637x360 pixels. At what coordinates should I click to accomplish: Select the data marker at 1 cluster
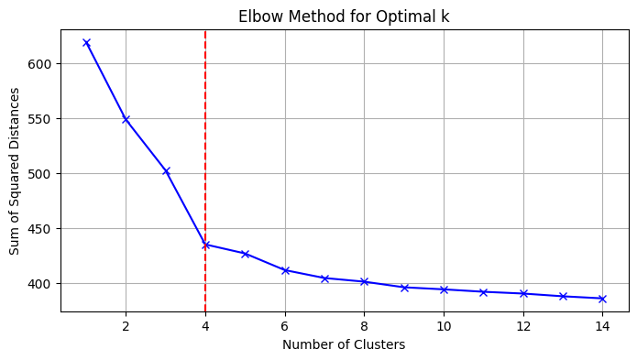click(x=86, y=42)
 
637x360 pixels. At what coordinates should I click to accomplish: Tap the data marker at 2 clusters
click(x=126, y=119)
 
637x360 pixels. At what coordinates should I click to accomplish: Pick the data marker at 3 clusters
click(x=166, y=171)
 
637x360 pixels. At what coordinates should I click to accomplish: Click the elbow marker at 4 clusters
click(x=205, y=245)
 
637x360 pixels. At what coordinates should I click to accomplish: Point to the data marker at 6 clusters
click(x=285, y=270)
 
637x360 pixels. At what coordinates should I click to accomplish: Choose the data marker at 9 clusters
click(x=404, y=288)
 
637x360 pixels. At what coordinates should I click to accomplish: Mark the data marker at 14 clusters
click(x=602, y=299)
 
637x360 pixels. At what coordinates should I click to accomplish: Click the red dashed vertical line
click(x=205, y=137)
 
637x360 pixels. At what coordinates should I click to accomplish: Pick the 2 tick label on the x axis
click(x=126, y=325)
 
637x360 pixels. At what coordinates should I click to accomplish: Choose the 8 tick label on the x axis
click(x=364, y=325)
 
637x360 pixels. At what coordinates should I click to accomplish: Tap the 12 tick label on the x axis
click(x=522, y=325)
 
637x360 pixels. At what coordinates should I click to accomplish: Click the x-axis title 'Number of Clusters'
click(x=344, y=345)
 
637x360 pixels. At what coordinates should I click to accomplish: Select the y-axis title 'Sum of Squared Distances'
click(x=15, y=171)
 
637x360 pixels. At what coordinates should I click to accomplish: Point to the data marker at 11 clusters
click(x=483, y=292)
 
